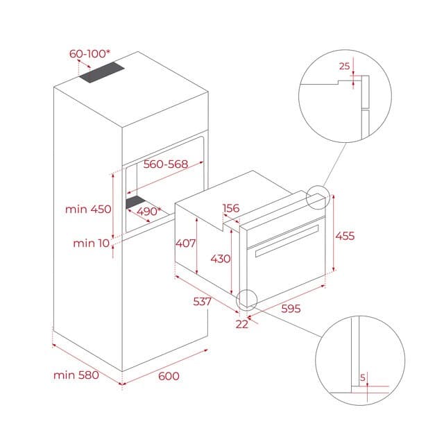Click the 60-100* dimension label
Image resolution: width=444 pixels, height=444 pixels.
tap(89, 53)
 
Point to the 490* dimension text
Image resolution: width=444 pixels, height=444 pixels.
tap(148, 212)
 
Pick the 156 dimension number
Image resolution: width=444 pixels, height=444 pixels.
tap(231, 208)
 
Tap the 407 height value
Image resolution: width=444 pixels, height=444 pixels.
tap(185, 244)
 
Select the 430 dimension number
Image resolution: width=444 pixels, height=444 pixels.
tap(220, 258)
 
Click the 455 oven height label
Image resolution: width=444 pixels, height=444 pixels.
tap(345, 236)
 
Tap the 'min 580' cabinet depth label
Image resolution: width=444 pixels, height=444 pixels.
tap(76, 375)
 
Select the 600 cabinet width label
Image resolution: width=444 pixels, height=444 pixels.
tap(169, 375)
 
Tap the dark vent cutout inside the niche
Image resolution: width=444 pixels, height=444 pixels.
tap(136, 202)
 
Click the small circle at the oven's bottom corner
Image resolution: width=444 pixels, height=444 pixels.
tap(246, 300)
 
